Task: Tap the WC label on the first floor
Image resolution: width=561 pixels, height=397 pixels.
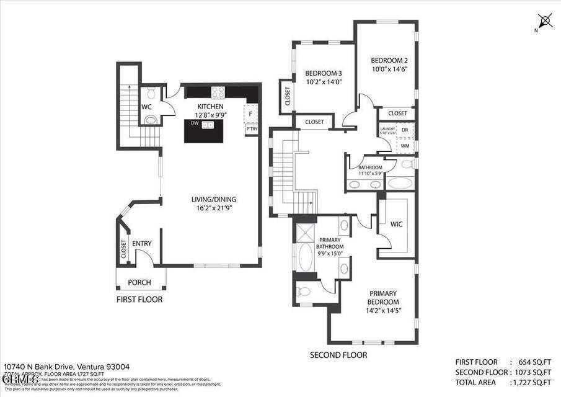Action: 147,107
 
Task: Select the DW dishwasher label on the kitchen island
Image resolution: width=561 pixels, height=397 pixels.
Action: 195,123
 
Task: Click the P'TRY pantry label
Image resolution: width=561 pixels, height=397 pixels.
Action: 251,129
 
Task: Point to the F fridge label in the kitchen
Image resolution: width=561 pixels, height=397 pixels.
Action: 250,114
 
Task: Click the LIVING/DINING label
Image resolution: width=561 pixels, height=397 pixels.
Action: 213,199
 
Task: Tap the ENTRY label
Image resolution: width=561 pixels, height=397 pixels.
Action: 141,243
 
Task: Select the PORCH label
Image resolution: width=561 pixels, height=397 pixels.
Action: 139,282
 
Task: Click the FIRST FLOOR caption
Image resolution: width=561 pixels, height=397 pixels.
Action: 139,299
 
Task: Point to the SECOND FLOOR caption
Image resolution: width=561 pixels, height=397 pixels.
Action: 338,355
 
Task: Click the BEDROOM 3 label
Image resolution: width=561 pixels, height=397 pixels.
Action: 324,73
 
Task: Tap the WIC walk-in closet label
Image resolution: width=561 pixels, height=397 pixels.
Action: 396,224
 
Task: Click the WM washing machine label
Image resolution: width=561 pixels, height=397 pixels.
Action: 405,146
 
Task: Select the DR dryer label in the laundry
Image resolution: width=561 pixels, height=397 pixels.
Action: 405,130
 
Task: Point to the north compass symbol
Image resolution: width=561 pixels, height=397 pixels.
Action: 546,20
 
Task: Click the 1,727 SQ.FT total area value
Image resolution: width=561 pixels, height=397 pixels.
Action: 532,381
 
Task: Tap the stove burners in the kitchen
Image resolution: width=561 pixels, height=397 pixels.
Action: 218,92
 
